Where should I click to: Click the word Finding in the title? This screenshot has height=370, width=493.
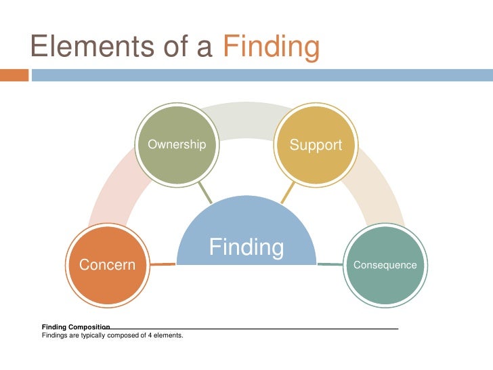point(270,47)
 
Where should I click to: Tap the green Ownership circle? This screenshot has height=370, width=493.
point(176,144)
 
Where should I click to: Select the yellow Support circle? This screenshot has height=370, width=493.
point(316,144)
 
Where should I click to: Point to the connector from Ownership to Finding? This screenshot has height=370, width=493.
point(205,193)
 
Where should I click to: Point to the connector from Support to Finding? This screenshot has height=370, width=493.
point(287,193)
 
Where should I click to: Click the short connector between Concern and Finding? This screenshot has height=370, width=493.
point(163,264)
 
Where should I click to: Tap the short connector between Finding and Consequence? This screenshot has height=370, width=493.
point(330,264)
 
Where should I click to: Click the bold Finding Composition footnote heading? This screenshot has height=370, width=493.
point(76,327)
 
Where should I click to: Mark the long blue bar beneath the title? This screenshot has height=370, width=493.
point(261,75)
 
